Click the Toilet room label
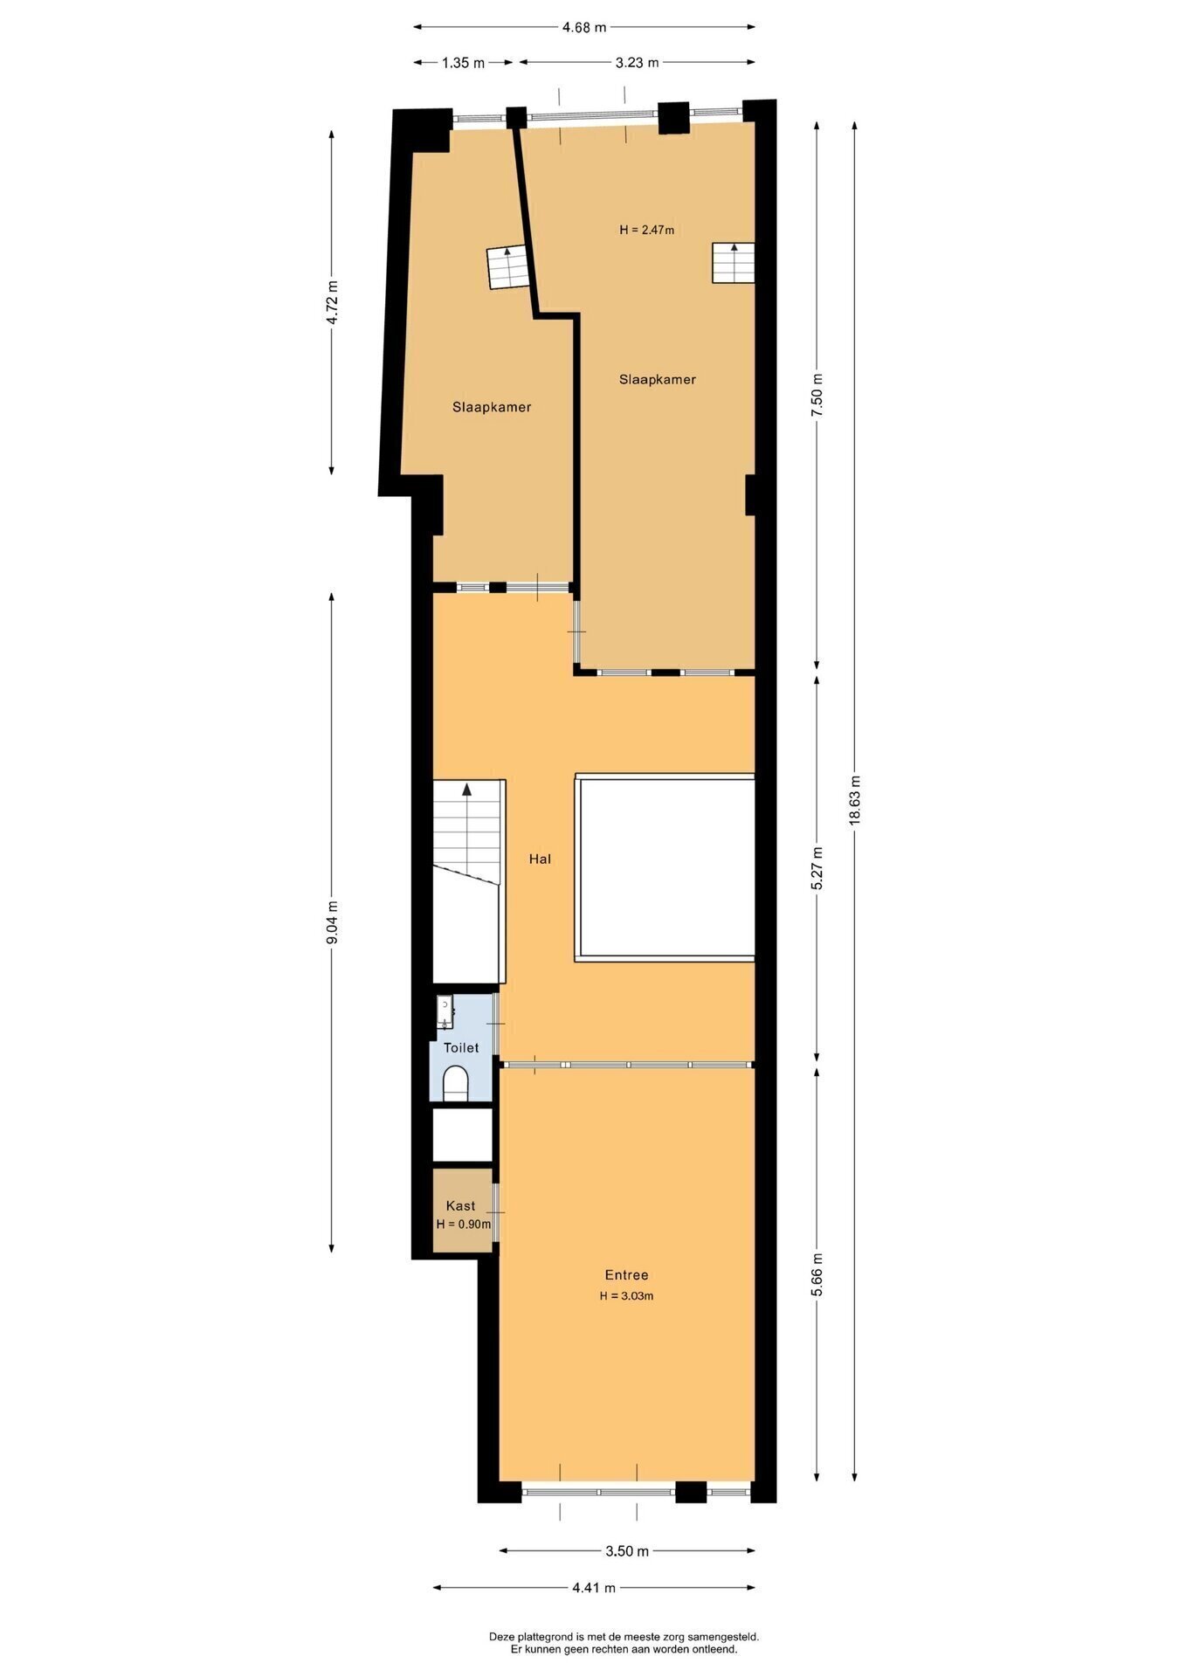(x=461, y=1047)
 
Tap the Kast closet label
(x=461, y=1206)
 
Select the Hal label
(x=540, y=859)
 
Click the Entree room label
(x=627, y=1275)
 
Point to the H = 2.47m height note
(x=647, y=230)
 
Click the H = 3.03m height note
(x=627, y=1296)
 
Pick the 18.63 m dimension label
(x=855, y=800)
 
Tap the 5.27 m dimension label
(x=817, y=869)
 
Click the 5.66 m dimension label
(x=817, y=1276)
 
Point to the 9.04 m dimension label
(x=332, y=921)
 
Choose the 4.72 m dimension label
(x=332, y=302)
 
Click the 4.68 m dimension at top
(x=584, y=27)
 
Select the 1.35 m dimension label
(x=464, y=62)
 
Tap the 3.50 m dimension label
(x=627, y=1551)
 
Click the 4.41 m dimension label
(x=594, y=1588)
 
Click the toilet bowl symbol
(x=456, y=1086)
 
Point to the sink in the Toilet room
(x=445, y=1012)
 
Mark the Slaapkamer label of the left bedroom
(x=492, y=407)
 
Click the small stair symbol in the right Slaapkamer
(x=733, y=263)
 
